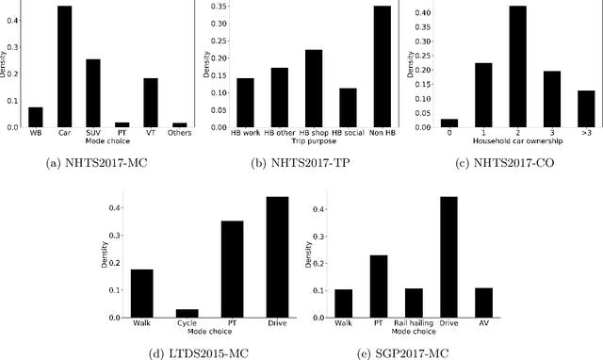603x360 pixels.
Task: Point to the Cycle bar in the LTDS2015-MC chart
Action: point(187,313)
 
